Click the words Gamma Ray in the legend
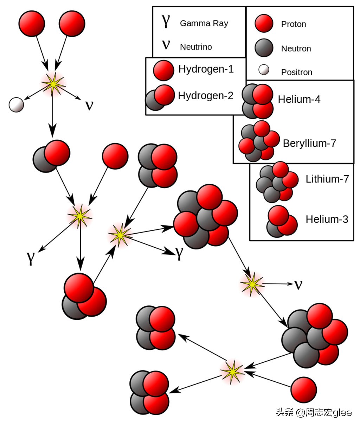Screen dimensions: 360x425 (x=204, y=24)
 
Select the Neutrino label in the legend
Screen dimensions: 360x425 (x=196, y=47)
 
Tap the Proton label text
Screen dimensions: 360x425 (x=294, y=24)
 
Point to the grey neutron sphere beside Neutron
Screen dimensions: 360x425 (x=264, y=48)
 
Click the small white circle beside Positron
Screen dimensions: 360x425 (x=264, y=70)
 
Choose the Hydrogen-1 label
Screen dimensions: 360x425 (x=206, y=69)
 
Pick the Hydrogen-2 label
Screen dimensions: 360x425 (x=206, y=96)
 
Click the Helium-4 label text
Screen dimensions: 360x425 (x=299, y=99)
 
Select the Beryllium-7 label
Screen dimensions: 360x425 (x=309, y=143)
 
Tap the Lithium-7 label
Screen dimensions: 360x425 (x=327, y=179)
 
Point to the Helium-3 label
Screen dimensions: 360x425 (x=327, y=219)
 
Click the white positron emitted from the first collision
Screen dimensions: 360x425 (x=16, y=104)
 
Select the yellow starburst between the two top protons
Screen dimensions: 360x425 (x=53, y=84)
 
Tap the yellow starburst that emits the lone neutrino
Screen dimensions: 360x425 (x=252, y=284)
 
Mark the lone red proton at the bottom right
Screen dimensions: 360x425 (x=303, y=389)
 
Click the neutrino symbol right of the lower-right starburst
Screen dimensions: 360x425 (x=298, y=285)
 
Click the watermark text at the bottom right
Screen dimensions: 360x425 (x=314, y=413)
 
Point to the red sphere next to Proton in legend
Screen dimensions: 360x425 (x=264, y=23)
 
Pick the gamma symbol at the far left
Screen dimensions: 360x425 (x=31, y=258)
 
